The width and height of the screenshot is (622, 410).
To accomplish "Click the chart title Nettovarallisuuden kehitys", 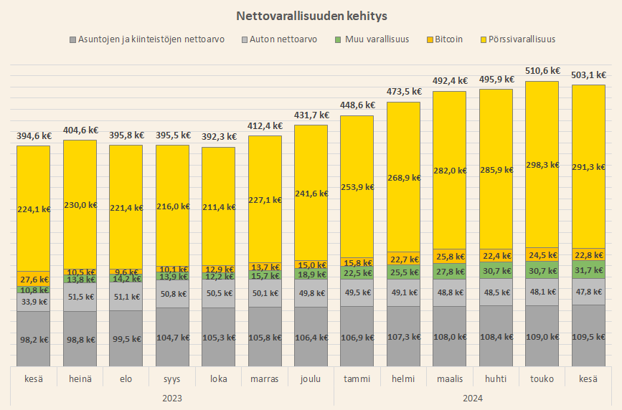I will point(311,15).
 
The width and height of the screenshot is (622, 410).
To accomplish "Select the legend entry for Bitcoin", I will point(448,39).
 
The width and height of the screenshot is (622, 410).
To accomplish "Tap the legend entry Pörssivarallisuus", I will point(519,39).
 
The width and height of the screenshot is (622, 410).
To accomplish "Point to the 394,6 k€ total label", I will point(34,135).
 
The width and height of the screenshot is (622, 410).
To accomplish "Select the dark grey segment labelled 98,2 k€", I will point(34,339).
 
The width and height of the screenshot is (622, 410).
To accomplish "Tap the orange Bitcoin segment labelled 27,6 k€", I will point(34,279).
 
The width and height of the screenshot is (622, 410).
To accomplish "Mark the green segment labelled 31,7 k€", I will point(588,270).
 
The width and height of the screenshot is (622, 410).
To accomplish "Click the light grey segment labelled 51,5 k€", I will point(80,296).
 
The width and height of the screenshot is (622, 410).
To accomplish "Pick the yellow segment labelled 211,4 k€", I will point(217,206).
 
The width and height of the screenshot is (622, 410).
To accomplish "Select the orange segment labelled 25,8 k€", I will point(450,256).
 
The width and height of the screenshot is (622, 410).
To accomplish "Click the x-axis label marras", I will point(265,378).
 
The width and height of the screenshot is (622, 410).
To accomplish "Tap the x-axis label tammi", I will point(357,378).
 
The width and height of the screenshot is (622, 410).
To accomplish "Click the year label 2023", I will point(171,398).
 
